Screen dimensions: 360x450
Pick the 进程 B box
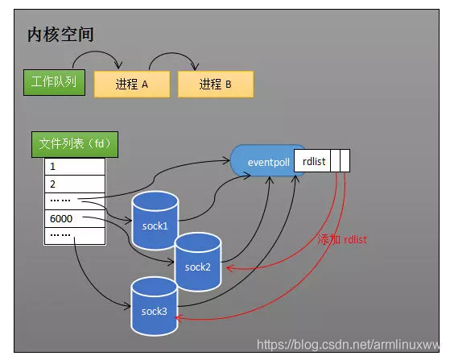215,84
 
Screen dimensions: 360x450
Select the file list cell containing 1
74,167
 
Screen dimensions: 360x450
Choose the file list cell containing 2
74,184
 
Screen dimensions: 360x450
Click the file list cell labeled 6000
74,218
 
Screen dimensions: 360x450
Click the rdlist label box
312,162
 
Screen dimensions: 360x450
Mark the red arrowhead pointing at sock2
229,268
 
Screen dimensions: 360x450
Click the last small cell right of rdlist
345,162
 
